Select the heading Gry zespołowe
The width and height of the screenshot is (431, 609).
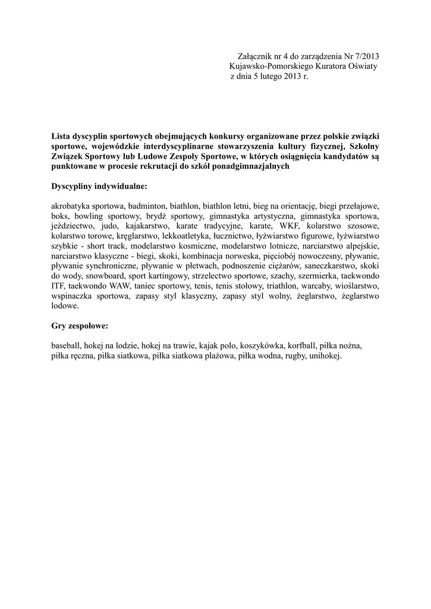80,327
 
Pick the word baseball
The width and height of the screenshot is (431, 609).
65,346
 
